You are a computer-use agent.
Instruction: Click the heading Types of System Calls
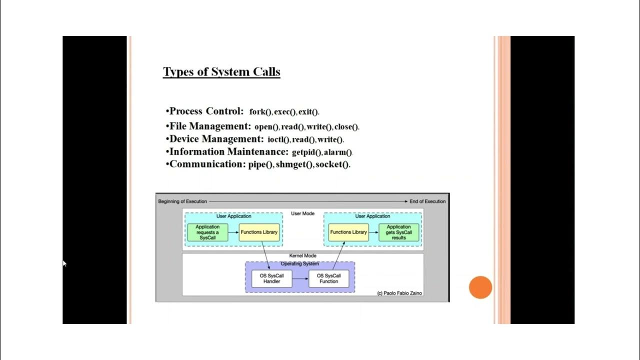[221, 71]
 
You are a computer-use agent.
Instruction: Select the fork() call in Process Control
[260, 112]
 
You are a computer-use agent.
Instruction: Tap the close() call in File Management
[346, 127]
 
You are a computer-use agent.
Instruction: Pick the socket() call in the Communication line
[332, 164]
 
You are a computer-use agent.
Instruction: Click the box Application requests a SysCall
[207, 232]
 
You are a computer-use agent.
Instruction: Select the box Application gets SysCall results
[398, 232]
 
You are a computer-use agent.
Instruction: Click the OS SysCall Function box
[328, 278]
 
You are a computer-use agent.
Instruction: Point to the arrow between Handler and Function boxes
[300, 278]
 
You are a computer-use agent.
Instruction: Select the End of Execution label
[427, 201]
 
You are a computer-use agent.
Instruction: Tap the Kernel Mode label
[303, 256]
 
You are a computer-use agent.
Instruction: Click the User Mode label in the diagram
[303, 213]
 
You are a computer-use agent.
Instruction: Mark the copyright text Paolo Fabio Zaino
[399, 293]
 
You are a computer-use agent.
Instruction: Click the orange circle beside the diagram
[480, 287]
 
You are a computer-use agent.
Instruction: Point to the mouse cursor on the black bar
[64, 263]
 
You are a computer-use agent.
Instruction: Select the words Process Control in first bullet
[206, 111]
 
